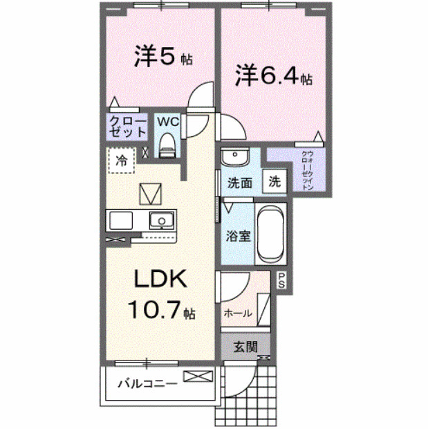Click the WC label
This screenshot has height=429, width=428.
[167, 122]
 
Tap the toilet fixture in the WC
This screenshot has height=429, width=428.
[167, 145]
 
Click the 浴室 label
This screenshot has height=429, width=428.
[239, 235]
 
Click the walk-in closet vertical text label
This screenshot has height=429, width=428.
[308, 170]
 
